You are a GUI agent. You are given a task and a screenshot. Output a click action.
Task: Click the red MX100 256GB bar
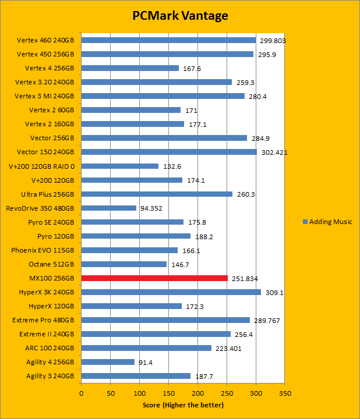(x=154, y=278)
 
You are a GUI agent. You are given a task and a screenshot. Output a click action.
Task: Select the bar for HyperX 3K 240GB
(x=171, y=292)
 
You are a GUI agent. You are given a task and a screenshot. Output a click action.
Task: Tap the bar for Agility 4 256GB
(x=108, y=362)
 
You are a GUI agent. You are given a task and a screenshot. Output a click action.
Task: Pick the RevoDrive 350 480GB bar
(x=109, y=208)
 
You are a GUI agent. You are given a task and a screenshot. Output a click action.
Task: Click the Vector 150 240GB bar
(x=169, y=152)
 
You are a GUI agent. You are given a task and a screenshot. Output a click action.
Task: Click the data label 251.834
(x=245, y=279)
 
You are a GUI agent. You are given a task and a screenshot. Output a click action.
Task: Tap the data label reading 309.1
(x=274, y=293)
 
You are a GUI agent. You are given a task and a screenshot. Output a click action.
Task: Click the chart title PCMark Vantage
(x=179, y=16)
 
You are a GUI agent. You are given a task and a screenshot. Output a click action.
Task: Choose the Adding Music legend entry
(x=327, y=222)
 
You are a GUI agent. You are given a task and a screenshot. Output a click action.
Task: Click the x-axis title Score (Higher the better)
(x=183, y=405)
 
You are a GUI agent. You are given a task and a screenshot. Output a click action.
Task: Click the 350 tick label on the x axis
(x=285, y=393)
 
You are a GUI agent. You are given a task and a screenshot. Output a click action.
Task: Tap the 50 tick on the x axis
(x=111, y=393)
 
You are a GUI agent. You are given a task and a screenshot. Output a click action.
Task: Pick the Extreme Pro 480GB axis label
(x=44, y=320)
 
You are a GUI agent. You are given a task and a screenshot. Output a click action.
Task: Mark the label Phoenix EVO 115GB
(x=43, y=250)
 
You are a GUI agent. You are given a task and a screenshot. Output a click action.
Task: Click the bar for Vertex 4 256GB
(x=130, y=69)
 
